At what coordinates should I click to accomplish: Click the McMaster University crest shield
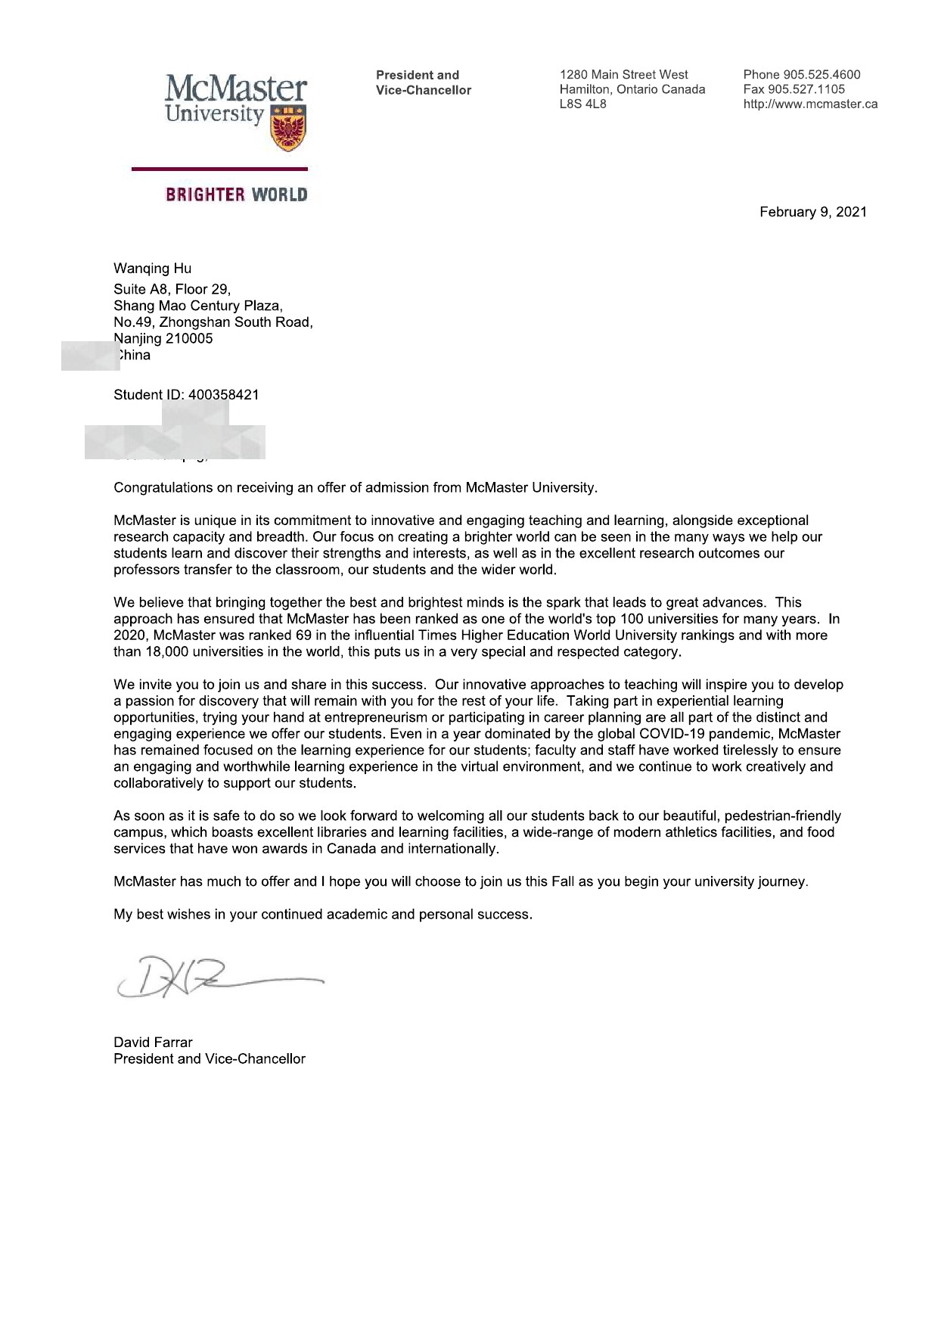click(x=288, y=128)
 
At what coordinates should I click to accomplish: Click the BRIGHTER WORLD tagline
click(x=236, y=194)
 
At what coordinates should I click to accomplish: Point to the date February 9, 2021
click(x=812, y=212)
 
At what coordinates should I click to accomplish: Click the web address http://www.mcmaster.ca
click(x=810, y=104)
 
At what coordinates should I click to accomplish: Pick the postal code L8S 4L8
click(x=582, y=104)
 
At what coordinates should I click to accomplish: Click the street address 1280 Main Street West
click(x=623, y=74)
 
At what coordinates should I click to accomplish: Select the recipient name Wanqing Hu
click(x=152, y=268)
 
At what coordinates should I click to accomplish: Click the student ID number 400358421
click(x=223, y=394)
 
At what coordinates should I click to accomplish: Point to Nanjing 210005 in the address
click(x=163, y=338)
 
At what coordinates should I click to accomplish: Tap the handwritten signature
click(x=219, y=977)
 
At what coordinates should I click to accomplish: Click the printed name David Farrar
click(x=153, y=1042)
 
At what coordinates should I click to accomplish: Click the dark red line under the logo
click(x=219, y=169)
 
